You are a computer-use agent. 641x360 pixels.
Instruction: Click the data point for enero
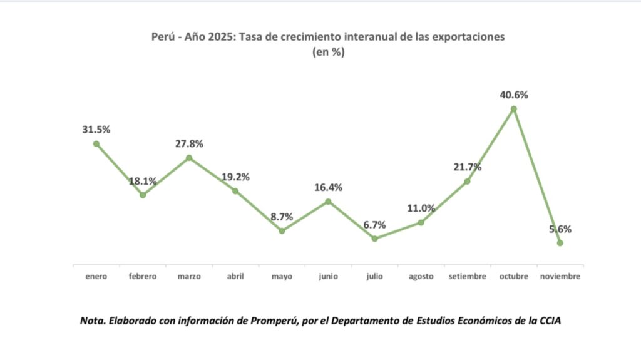pos(96,143)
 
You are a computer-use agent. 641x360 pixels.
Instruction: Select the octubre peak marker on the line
pos(514,109)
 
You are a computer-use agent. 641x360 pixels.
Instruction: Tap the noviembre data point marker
pos(560,243)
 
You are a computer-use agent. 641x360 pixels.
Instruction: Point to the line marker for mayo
pos(282,230)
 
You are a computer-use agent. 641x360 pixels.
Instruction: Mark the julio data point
pos(374,239)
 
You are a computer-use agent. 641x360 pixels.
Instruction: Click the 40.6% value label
pos(514,95)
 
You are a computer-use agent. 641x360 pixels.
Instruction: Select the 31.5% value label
pos(96,130)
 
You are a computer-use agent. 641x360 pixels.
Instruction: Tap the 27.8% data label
pos(189,143)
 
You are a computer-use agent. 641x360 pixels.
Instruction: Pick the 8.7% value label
pos(282,217)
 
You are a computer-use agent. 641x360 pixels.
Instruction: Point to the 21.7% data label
pos(467,167)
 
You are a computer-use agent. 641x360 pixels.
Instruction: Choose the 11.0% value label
pos(421,208)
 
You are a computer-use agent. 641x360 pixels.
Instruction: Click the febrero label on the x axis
pos(143,276)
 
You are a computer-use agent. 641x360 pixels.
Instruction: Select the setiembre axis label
pos(467,276)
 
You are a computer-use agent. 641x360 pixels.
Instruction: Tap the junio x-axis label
pos(328,276)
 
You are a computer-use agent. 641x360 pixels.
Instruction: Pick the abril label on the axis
pos(235,276)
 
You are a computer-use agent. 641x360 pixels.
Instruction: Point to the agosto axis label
pos(421,276)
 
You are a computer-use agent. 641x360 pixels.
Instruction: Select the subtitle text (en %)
pos(328,53)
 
